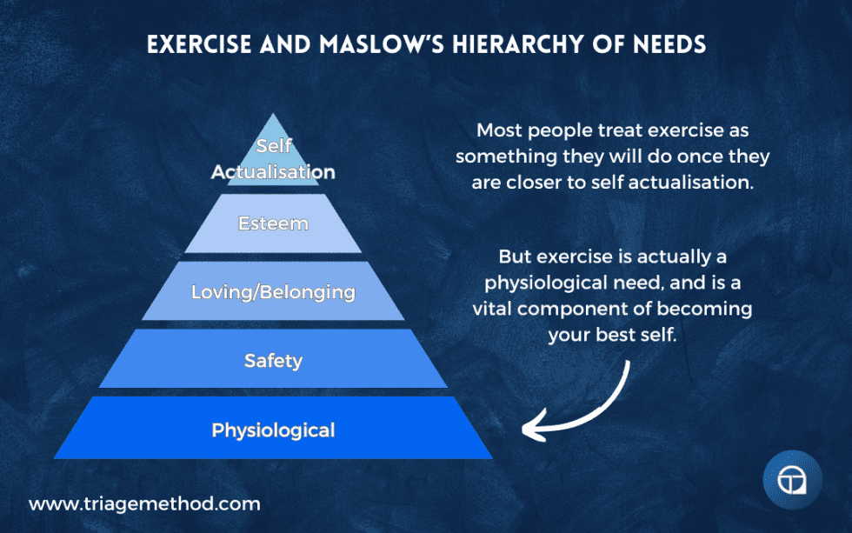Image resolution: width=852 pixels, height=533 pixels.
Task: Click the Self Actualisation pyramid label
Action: (273, 160)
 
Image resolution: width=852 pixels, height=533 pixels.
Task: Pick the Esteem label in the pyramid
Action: (273, 223)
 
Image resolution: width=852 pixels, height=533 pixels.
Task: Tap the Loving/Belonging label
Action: (273, 291)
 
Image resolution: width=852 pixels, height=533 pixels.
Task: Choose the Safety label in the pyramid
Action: (273, 359)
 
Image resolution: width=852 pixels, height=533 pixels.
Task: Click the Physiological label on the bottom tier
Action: (273, 430)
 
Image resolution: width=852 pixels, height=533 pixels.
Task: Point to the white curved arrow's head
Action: (527, 427)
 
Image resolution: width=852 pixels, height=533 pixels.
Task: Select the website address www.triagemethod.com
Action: (144, 503)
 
